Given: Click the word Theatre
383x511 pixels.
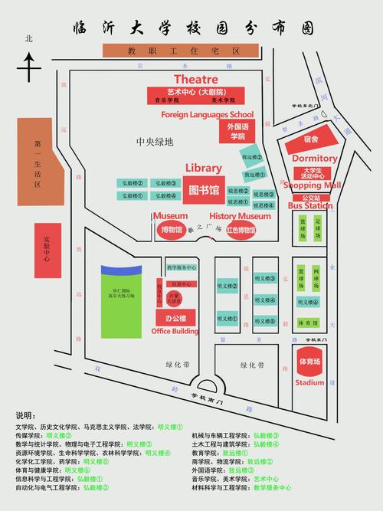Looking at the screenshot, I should pos(196,79).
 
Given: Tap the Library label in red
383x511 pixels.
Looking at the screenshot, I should pos(203,168).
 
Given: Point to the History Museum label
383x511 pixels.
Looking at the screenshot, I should pos(240,216).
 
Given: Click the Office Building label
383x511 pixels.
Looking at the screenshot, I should pos(175,331).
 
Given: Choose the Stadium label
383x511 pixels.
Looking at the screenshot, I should pos(309,382).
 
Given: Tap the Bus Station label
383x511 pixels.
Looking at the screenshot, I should pos(309,205).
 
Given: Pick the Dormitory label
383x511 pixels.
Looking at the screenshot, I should pos(314,159).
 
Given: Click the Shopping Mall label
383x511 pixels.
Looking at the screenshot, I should pos(312,185).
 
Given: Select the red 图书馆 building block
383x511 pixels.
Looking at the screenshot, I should pos(204,189).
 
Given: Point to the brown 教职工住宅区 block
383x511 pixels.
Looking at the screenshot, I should pos(183,51).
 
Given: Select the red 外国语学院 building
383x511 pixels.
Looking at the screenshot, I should pos(237,131).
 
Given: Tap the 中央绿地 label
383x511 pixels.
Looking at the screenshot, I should pos(155,142).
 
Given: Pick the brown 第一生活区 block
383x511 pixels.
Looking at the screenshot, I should pos(36,164).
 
